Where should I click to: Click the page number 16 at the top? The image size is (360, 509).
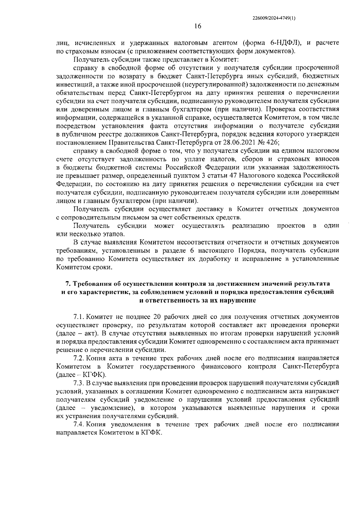[197, 26]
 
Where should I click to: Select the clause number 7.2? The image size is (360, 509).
[79, 358]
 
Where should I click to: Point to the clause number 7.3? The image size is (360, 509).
[79, 383]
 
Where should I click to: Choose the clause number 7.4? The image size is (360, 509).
[79, 424]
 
